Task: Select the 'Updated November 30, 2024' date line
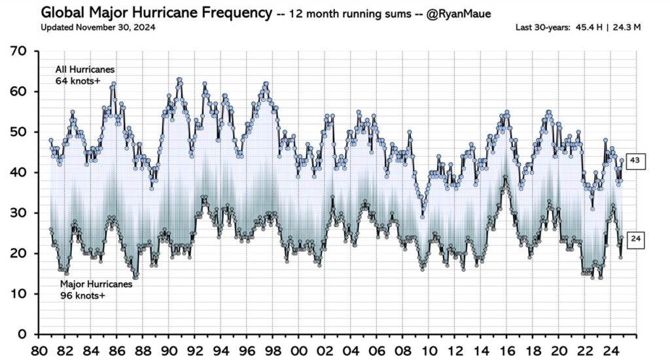(x=98, y=27)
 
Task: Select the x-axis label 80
(x=41, y=349)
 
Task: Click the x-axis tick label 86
(x=118, y=349)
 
